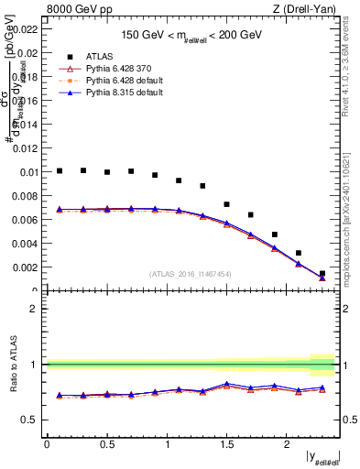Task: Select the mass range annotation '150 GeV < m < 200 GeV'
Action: coord(191,35)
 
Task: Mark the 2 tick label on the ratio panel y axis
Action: coord(35,309)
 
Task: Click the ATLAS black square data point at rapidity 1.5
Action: coord(226,204)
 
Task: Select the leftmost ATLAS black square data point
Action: coord(60,170)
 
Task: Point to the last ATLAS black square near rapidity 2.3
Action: coord(322,273)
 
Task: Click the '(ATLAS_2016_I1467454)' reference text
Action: coord(191,273)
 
